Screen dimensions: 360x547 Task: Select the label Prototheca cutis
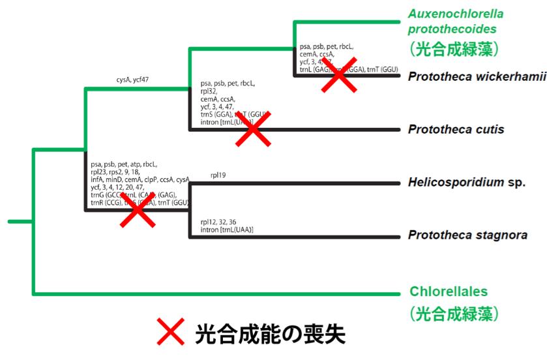tap(456, 129)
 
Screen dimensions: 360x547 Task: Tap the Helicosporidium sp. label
tap(466, 183)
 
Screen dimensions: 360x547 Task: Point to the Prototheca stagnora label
tap(467, 235)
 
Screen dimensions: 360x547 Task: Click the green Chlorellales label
tap(449, 292)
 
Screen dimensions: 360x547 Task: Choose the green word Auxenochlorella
tap(456, 13)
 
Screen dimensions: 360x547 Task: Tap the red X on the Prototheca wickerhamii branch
tap(338, 76)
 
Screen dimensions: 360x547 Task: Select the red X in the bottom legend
tap(171, 332)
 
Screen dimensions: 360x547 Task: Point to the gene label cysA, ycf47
tap(132, 80)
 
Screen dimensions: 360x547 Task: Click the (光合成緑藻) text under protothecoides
tap(454, 49)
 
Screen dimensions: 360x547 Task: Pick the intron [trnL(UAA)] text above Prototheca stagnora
tap(226, 230)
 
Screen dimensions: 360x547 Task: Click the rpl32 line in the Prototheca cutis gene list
tap(210, 91)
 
